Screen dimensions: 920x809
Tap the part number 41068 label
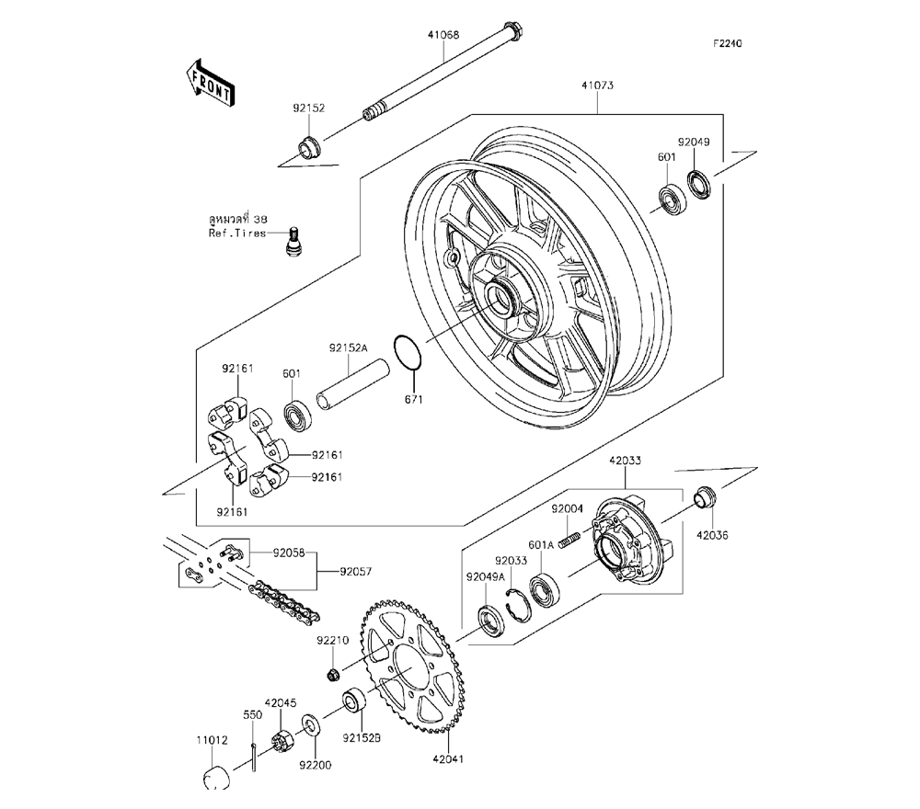tap(443, 35)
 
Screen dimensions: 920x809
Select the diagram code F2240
tap(728, 43)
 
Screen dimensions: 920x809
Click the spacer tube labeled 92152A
tap(352, 384)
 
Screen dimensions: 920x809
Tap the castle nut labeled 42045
tap(282, 738)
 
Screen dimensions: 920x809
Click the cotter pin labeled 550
tap(253, 757)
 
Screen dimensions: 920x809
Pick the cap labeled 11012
tap(216, 777)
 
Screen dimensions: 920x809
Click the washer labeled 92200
tap(310, 725)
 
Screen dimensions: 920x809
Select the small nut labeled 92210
tap(333, 675)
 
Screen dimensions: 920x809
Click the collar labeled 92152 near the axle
tap(309, 147)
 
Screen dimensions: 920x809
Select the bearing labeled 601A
tap(544, 590)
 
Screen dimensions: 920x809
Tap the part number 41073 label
tap(597, 85)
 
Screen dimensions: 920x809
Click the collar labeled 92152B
tap(355, 701)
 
